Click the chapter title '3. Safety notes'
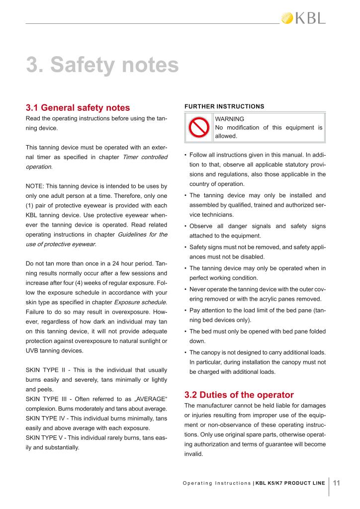(x=102, y=65)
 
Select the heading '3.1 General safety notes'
(x=78, y=107)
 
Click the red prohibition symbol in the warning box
(x=198, y=127)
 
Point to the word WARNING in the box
(x=229, y=119)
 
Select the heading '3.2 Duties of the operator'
(x=239, y=395)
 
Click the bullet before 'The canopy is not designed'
(x=185, y=352)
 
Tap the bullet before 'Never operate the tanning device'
(x=185, y=289)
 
